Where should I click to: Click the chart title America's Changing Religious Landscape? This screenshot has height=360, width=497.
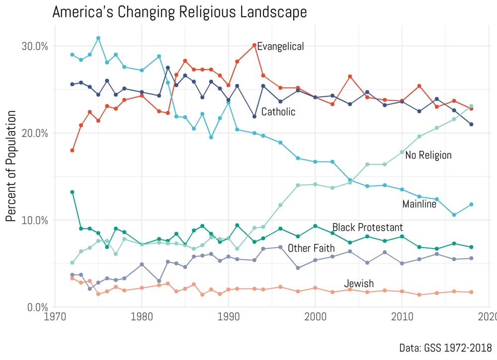tap(179, 12)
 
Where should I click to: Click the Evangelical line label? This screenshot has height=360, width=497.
tap(280, 47)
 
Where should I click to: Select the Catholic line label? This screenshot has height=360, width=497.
tap(278, 112)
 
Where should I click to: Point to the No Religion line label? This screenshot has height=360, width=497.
tap(428, 155)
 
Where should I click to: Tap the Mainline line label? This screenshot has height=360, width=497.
tap(419, 204)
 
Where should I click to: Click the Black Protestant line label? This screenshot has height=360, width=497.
tap(367, 227)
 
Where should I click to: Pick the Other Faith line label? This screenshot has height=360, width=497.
tap(311, 248)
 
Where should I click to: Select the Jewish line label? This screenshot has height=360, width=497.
tap(359, 283)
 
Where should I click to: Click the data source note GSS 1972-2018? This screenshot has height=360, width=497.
tap(445, 347)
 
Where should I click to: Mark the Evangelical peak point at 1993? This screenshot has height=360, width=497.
tap(254, 45)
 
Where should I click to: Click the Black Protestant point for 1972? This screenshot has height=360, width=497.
tap(72, 192)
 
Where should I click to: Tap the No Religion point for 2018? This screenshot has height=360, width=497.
tap(471, 106)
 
